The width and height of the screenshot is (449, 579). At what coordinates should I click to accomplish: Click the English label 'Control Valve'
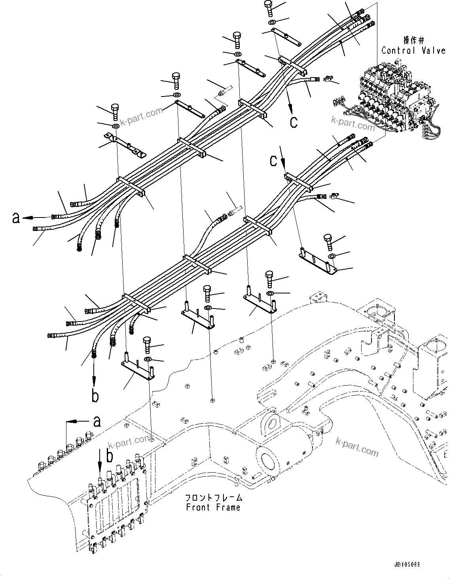pos(413,51)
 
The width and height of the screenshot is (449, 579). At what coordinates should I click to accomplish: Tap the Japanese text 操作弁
pos(413,40)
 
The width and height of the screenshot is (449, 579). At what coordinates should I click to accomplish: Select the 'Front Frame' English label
pos(213,507)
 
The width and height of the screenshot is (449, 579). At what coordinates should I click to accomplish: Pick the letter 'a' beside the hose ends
pos(16,218)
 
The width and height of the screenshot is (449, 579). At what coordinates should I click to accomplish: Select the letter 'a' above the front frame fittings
pos(96,422)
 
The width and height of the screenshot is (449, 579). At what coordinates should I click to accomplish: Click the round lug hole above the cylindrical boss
pos(272,423)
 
